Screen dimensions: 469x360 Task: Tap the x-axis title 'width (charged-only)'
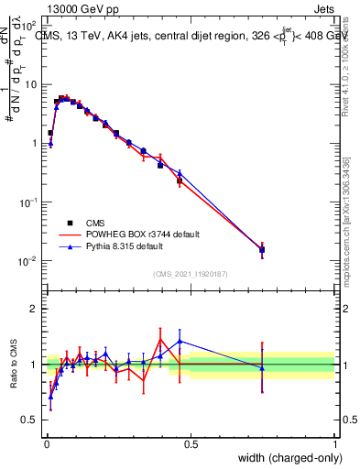point(285,458)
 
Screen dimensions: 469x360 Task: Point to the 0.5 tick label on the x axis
point(191,442)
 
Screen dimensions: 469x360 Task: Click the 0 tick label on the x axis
point(46,442)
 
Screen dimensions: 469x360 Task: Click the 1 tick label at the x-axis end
point(335,442)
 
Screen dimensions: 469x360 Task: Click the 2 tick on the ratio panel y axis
point(34,309)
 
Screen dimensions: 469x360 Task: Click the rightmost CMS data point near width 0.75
point(262,249)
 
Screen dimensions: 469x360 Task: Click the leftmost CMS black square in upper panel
point(50,133)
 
